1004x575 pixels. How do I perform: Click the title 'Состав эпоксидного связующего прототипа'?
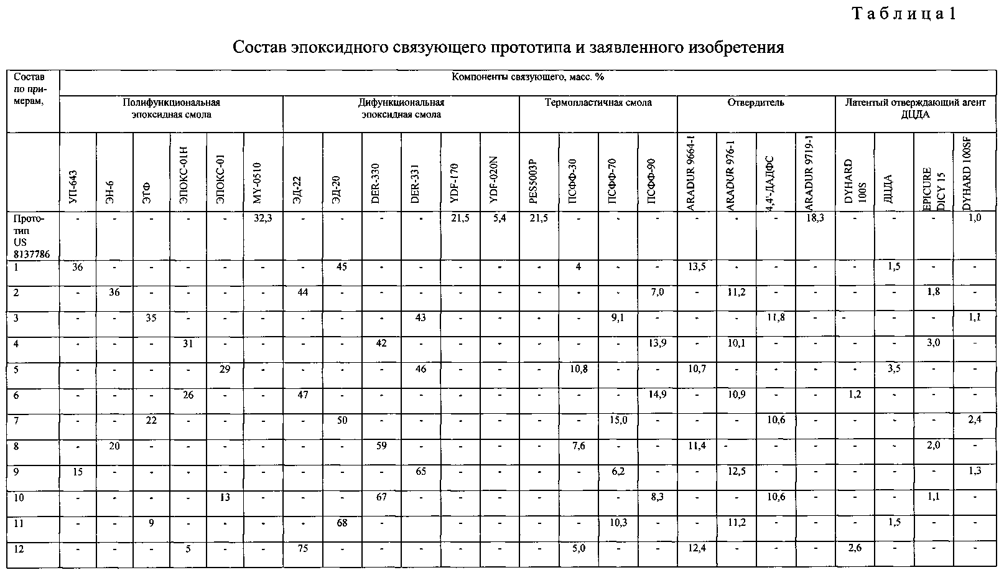pyautogui.click(x=508, y=47)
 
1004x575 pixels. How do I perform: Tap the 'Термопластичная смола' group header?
pyautogui.click(x=598, y=103)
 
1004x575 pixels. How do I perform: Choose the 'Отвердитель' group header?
pyautogui.click(x=756, y=103)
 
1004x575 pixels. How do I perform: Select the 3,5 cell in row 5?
pyautogui.click(x=894, y=369)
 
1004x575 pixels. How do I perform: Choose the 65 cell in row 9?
pyautogui.click(x=421, y=472)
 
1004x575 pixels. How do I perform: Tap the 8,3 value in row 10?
pyautogui.click(x=657, y=497)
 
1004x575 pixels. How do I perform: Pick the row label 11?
pyautogui.click(x=19, y=523)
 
